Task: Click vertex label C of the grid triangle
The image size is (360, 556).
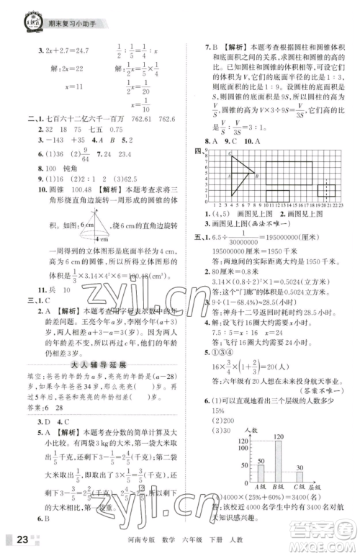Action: point(230,153)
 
